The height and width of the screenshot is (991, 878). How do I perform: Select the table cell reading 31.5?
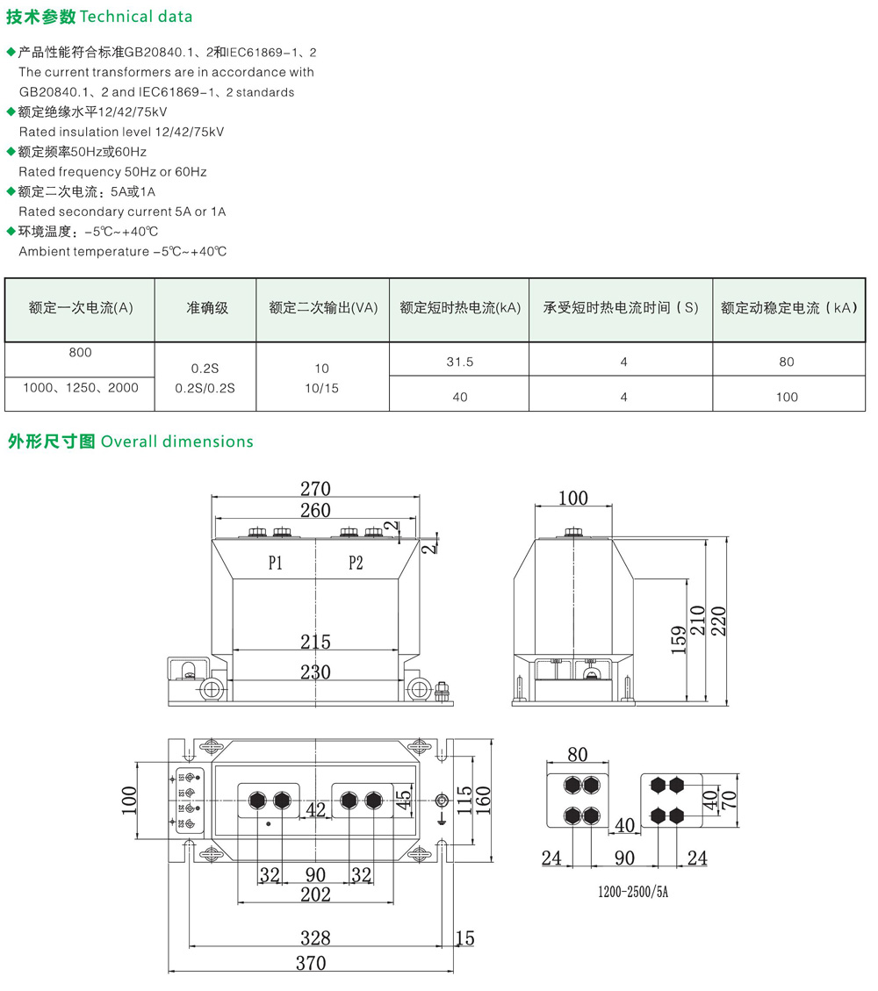tap(459, 362)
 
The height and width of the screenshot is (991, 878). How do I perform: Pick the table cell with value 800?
tap(80, 352)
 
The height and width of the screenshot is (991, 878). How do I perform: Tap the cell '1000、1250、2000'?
tap(80, 387)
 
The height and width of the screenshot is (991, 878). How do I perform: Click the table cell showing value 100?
tap(787, 397)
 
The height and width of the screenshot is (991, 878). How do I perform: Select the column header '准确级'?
tap(206, 308)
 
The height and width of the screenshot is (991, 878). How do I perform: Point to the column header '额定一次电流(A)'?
tap(80, 308)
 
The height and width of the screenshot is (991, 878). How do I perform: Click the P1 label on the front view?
tap(275, 564)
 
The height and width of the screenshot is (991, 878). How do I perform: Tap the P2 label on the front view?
tap(356, 564)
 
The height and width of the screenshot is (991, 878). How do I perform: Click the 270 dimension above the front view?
tap(315, 489)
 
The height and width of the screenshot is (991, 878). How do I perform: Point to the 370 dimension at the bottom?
tap(311, 963)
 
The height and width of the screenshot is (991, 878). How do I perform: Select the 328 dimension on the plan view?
tap(315, 936)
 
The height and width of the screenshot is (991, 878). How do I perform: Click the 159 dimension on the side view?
tap(676, 640)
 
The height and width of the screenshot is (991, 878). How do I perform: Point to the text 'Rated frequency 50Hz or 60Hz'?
tap(112, 171)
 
